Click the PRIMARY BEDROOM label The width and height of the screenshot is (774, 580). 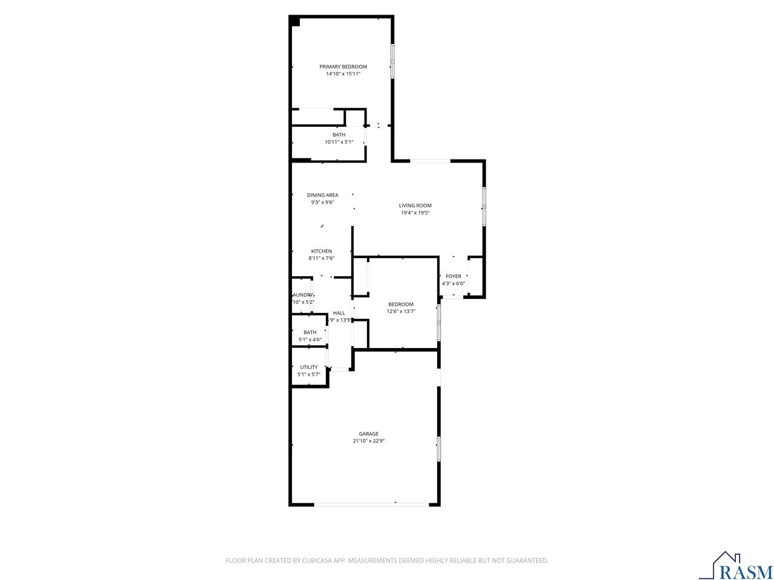[x=343, y=66]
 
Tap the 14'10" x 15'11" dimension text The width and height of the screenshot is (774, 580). [x=343, y=74]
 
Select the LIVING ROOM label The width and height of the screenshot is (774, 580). [x=415, y=205]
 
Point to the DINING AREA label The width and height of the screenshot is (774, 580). [x=322, y=195]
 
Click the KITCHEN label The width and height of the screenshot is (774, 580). [x=321, y=251]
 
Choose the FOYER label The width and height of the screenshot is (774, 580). [x=453, y=276]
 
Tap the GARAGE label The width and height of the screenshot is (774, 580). [x=368, y=434]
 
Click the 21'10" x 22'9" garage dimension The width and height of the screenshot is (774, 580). [x=368, y=441]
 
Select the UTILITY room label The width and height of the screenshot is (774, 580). [x=308, y=367]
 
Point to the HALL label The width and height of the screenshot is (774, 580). [x=339, y=313]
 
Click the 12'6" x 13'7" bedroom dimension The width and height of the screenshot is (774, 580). [x=401, y=311]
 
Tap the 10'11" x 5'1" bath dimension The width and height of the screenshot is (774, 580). [x=339, y=142]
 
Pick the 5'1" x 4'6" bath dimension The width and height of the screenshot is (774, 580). [x=310, y=340]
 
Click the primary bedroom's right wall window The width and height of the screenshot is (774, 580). [x=392, y=62]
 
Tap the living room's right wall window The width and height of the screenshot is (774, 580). [x=483, y=207]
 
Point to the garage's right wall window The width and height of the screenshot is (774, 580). [x=438, y=449]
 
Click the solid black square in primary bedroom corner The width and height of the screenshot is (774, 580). [x=294, y=21]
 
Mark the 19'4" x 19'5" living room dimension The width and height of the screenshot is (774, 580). [x=415, y=213]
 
